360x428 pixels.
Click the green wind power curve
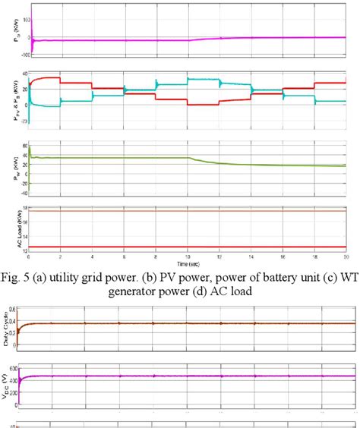(x=114, y=158)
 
